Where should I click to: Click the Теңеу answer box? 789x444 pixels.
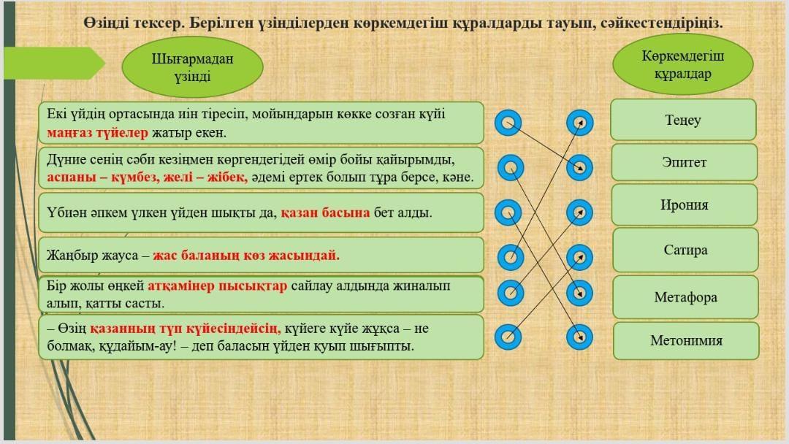pos(683,120)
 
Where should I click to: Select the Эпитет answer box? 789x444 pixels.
pos(685,162)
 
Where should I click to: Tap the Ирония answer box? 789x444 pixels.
pos(685,204)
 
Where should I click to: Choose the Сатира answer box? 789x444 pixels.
pos(685,250)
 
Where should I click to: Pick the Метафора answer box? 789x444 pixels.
pos(685,297)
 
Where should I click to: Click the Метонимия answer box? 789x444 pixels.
pos(686,340)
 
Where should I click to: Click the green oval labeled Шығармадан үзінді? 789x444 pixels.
pos(193,67)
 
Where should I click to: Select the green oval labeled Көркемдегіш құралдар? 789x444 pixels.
pos(683,64)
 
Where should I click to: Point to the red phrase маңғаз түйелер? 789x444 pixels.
pos(98,133)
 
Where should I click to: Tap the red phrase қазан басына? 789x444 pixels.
pos(325,213)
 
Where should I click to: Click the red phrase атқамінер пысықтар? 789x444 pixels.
pos(217,286)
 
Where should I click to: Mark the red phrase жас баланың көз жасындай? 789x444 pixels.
pos(246,256)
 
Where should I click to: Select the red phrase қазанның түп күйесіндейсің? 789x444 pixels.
pos(185,329)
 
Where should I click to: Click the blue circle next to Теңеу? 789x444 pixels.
pos(579,123)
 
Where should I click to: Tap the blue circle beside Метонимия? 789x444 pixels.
pos(579,337)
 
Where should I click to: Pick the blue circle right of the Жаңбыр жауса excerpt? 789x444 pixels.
pos(510,257)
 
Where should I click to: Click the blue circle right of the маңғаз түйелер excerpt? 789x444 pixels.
pos(508,123)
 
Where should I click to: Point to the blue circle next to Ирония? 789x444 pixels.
pos(579,213)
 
